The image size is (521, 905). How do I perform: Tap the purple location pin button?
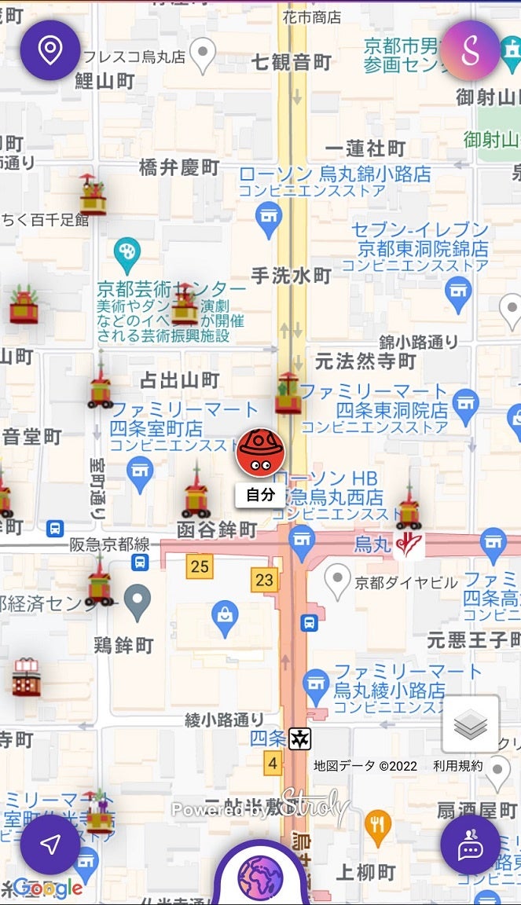[50, 50]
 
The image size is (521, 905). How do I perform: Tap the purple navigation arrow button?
[50, 845]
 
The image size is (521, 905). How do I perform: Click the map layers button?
[471, 724]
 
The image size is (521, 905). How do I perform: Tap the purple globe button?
[260, 875]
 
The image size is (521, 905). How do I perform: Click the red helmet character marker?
[260, 452]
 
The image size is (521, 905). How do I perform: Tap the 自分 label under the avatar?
[260, 494]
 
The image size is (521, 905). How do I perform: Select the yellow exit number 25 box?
[200, 566]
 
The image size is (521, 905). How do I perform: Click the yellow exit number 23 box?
[265, 581]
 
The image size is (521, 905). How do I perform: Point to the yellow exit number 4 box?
[273, 762]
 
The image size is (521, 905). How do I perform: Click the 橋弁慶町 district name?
[179, 167]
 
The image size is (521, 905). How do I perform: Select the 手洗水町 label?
[291, 275]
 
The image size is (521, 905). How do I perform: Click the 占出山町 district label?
[179, 381]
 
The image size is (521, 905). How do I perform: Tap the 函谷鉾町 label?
[217, 529]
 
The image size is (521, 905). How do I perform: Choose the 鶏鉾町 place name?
[123, 646]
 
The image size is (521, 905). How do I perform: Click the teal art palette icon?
[126, 253]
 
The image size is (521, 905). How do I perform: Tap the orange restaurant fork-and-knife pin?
[378, 824]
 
